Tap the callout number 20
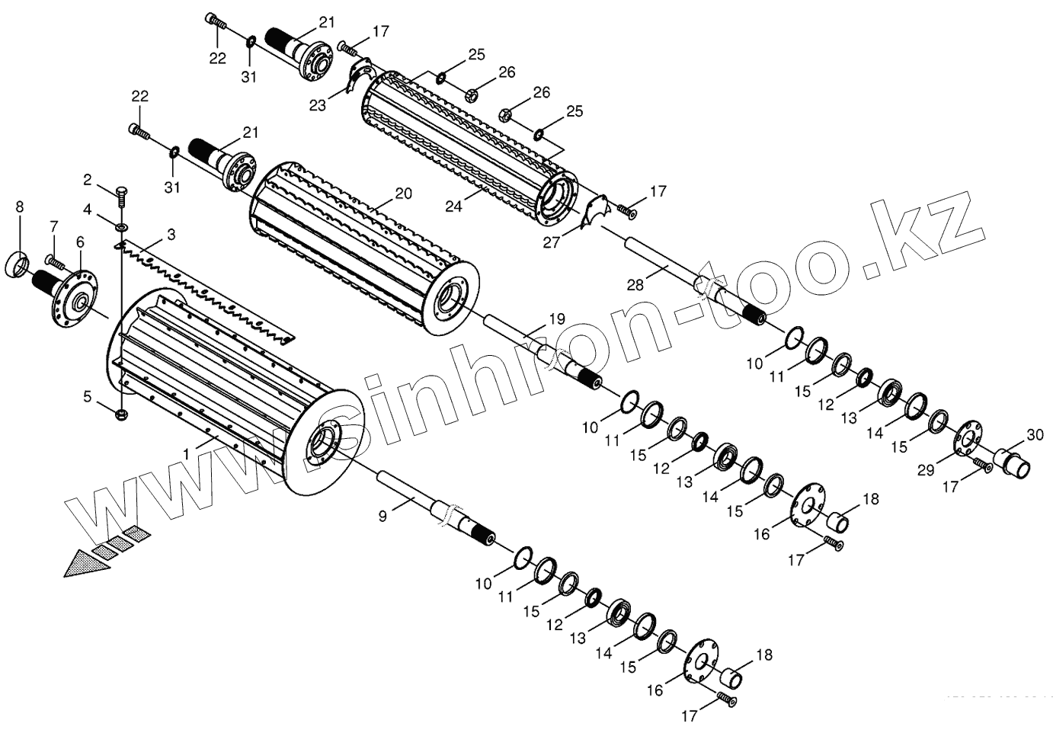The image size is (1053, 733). (x=403, y=194)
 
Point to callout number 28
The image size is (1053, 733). (x=635, y=285)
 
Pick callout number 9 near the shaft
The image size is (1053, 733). (x=383, y=516)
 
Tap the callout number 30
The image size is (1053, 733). (x=1034, y=435)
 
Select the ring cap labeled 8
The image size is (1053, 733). (x=19, y=264)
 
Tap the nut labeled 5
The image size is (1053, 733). (x=122, y=414)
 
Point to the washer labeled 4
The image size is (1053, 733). (x=122, y=226)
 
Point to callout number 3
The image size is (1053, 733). (x=171, y=235)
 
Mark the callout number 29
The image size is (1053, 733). (x=924, y=470)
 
